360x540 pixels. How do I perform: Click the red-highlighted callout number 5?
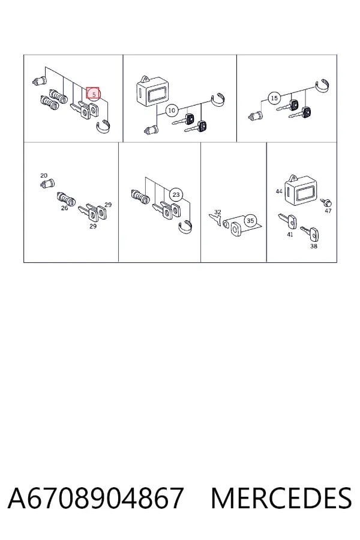click(92, 93)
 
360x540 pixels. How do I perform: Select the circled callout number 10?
click(172, 110)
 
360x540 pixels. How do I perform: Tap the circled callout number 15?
click(274, 98)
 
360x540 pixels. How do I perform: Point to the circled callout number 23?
click(176, 195)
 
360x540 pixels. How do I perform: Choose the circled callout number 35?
click(250, 220)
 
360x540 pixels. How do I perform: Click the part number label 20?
click(44, 176)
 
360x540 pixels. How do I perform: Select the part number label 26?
click(64, 208)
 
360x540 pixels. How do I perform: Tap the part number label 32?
click(218, 212)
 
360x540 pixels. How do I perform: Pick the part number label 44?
click(279, 191)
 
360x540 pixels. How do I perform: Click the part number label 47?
click(328, 211)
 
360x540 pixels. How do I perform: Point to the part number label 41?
click(290, 235)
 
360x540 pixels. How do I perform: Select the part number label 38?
click(313, 246)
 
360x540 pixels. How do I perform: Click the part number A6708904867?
click(95, 498)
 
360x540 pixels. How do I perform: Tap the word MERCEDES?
click(281, 498)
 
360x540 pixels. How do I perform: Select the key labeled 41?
click(287, 221)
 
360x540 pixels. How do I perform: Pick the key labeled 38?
click(310, 233)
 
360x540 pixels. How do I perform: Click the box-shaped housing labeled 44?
click(302, 191)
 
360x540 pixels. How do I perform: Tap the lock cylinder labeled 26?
click(66, 199)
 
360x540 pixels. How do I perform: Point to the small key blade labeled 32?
click(215, 220)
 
